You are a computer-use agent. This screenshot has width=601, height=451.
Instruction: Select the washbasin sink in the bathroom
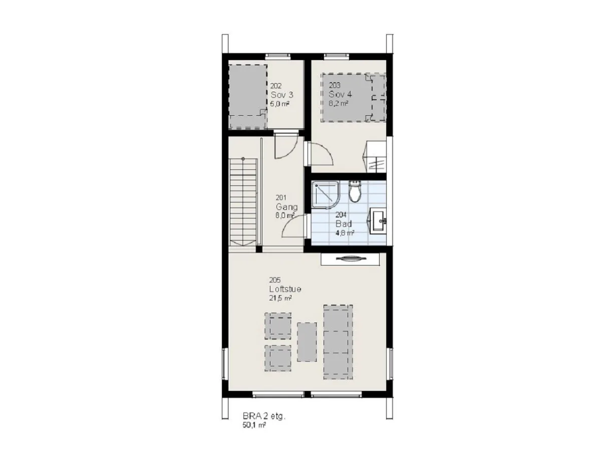coord(378,220)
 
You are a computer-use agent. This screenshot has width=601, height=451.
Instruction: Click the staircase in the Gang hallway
coord(243,202)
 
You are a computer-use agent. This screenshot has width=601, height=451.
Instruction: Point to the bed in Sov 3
coord(248,96)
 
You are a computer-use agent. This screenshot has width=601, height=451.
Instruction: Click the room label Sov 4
coord(340,94)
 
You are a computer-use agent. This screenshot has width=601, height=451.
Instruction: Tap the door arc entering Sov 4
coord(322,154)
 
